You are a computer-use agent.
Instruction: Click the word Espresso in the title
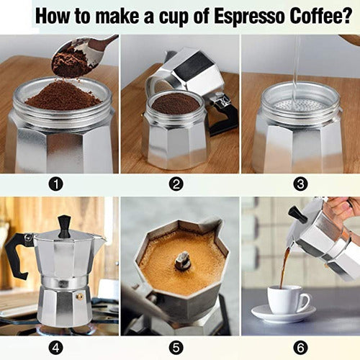245,16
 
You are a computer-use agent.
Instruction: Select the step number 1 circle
55,184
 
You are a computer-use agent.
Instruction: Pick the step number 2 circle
176,184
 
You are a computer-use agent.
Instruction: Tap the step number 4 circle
55,346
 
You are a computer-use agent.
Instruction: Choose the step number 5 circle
176,346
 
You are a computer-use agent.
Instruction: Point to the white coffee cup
286,300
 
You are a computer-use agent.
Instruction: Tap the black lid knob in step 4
65,226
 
